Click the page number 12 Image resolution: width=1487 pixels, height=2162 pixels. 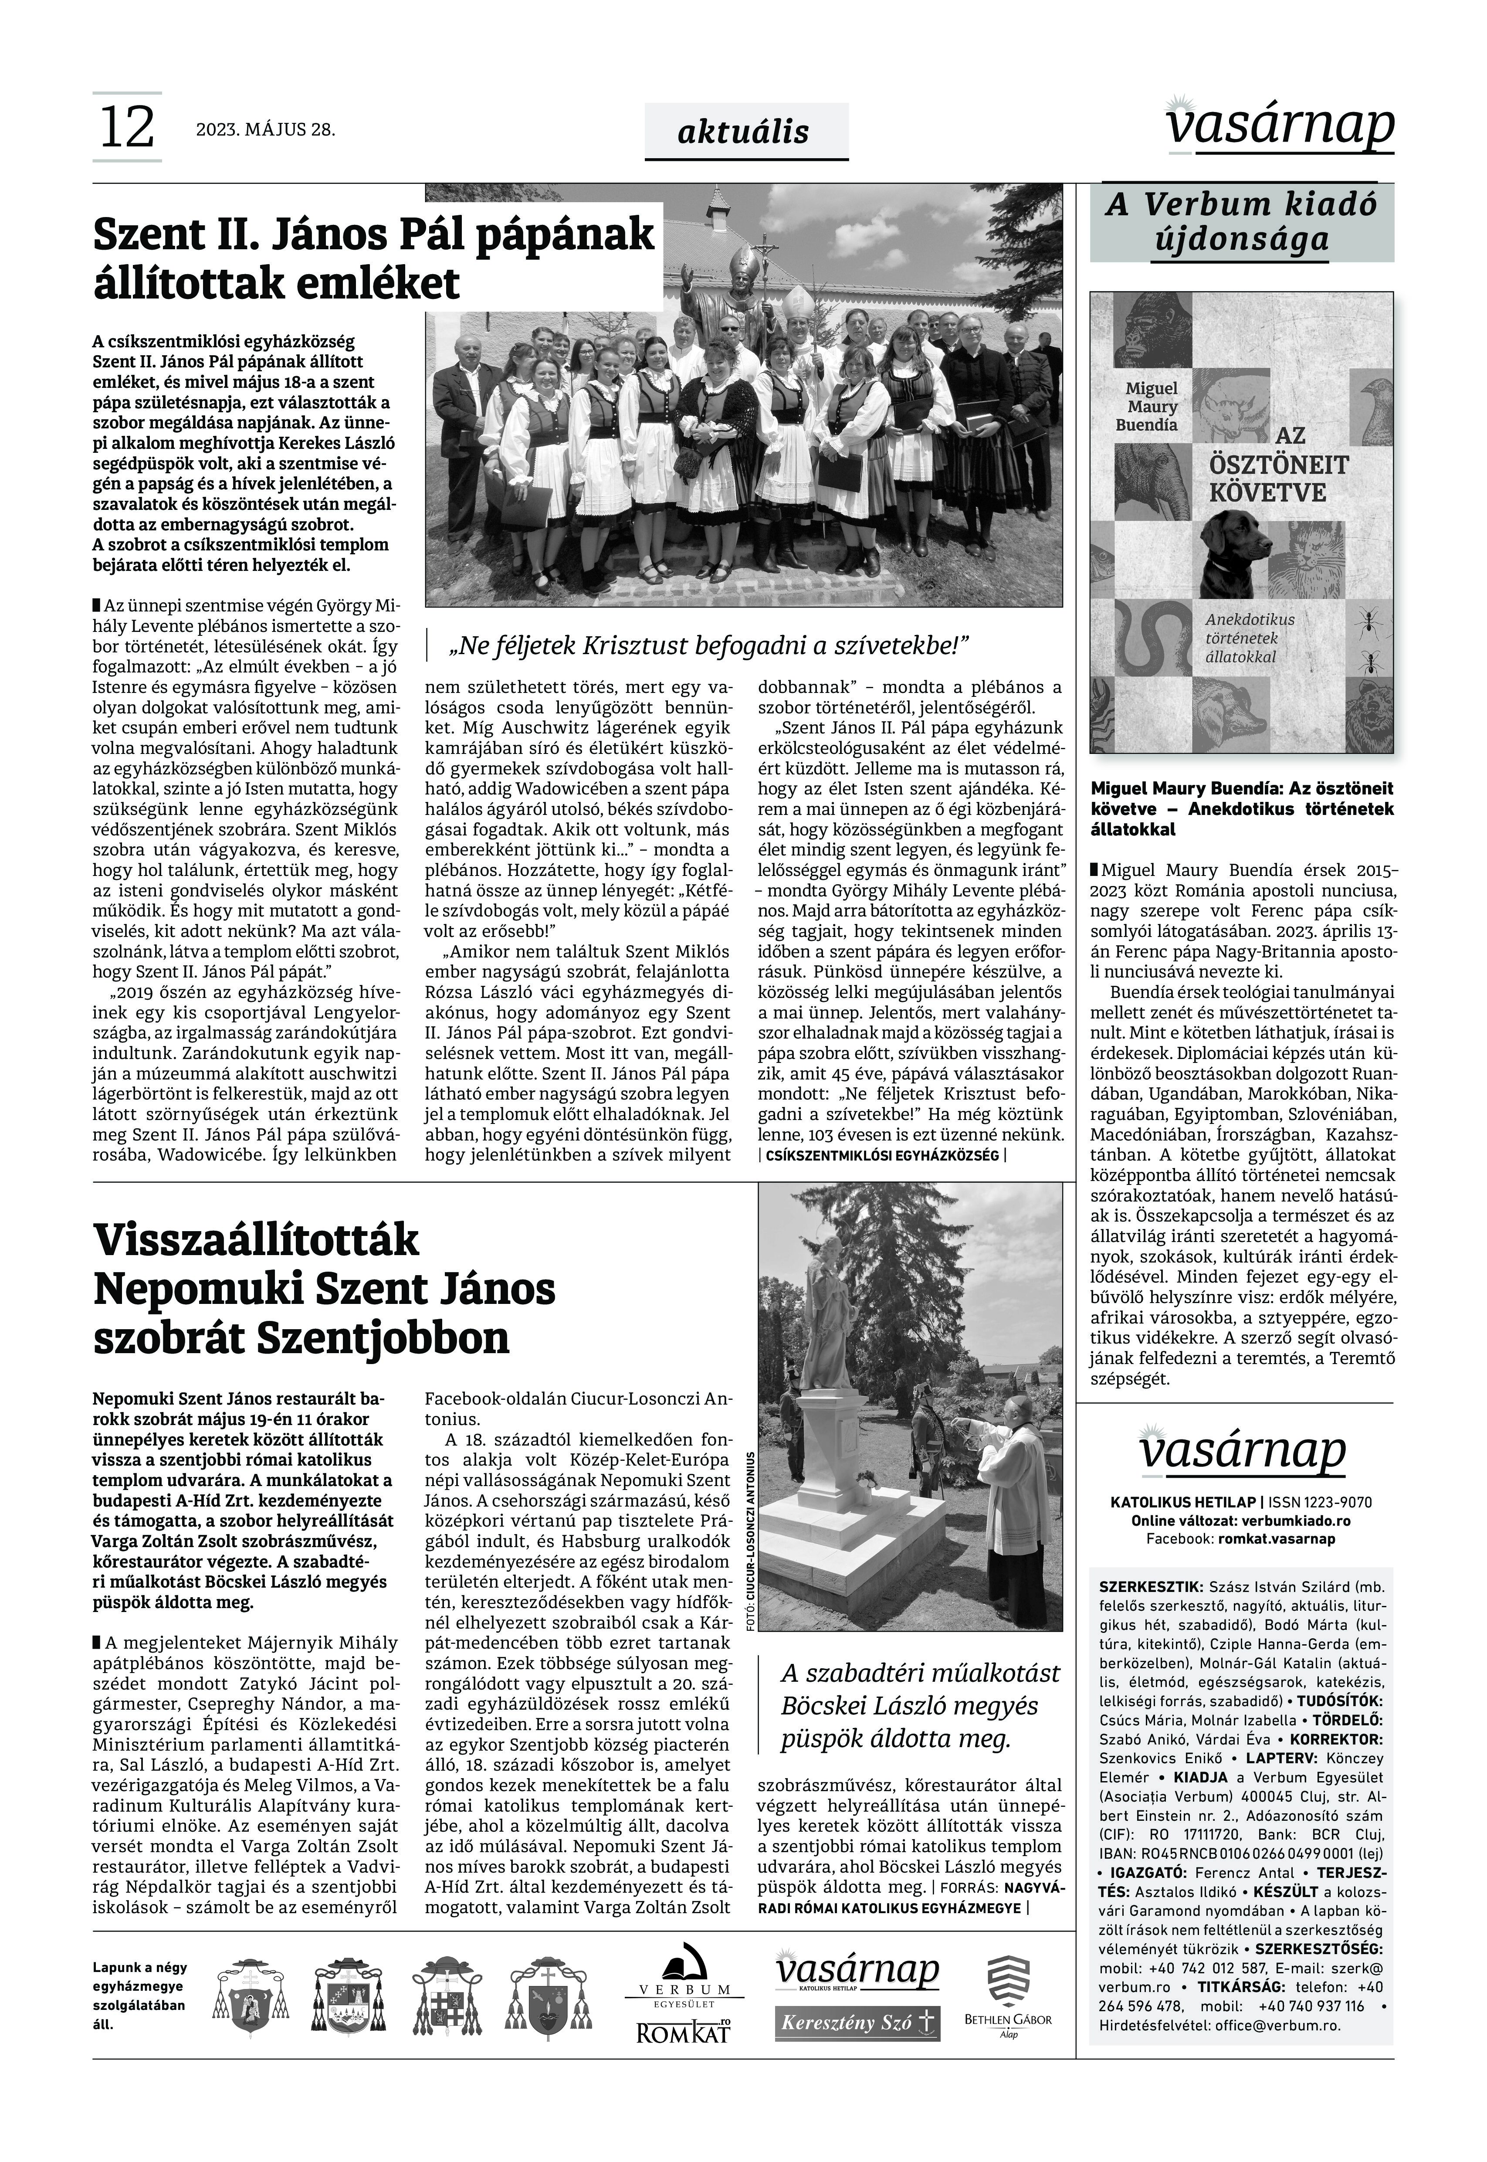click(x=127, y=128)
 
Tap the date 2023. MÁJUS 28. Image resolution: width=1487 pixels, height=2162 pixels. click(x=265, y=129)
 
